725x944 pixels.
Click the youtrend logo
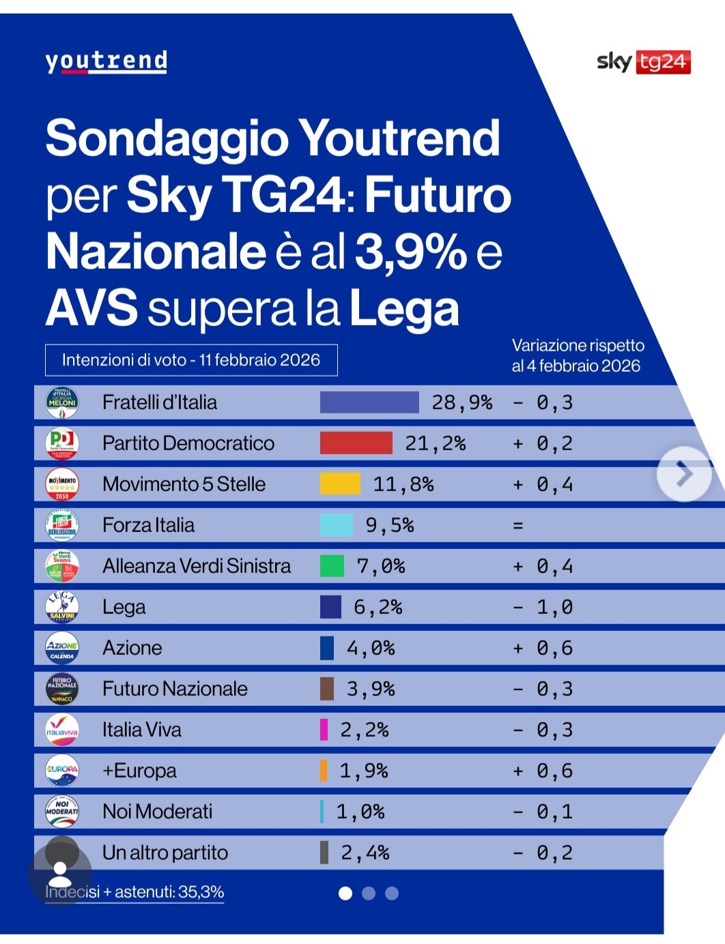point(106,61)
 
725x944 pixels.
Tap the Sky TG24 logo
point(643,62)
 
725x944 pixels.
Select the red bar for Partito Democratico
point(356,443)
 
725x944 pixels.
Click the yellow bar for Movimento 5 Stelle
point(340,484)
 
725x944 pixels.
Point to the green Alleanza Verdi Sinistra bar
point(332,566)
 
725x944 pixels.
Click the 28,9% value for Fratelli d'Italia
point(461,402)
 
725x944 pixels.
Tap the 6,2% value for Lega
point(378,607)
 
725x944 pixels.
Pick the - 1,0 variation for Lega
point(543,607)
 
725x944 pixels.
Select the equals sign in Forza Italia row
point(518,526)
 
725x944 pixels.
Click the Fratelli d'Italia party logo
point(62,402)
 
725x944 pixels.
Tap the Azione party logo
point(62,648)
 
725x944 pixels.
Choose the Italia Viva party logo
point(62,730)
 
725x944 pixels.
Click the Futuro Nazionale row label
point(175,689)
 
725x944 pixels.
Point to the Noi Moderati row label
point(157,812)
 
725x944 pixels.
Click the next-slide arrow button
point(683,474)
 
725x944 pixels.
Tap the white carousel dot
point(345,894)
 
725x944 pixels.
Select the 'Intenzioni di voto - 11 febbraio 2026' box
point(191,360)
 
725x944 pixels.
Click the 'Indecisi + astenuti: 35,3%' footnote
point(134,892)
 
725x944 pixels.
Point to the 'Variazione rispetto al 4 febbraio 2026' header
point(578,355)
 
